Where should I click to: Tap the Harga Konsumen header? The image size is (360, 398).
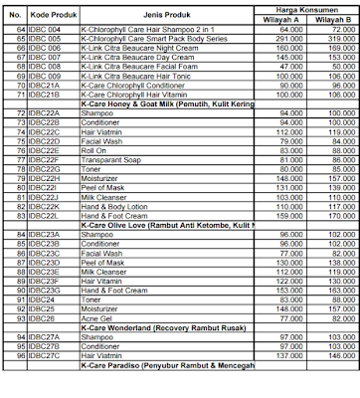click(297, 10)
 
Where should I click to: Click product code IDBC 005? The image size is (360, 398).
click(52, 38)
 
